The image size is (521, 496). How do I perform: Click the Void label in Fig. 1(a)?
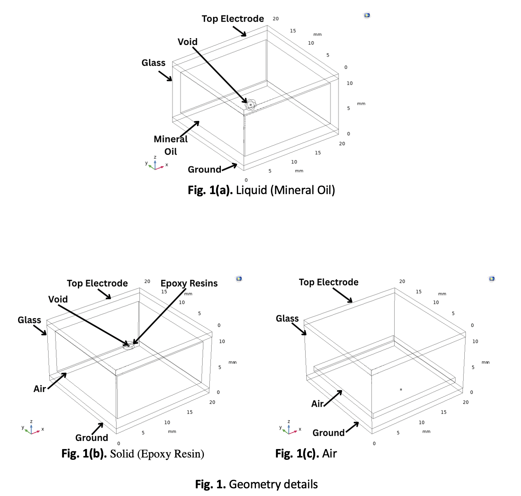187,42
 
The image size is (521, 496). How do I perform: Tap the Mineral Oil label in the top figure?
171,145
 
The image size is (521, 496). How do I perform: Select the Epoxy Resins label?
189,283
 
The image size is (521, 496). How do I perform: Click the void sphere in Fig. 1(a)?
250,104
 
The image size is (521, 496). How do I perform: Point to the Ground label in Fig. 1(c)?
328,433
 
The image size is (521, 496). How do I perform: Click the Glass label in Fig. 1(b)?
29,320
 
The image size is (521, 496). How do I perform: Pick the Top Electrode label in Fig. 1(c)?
328,282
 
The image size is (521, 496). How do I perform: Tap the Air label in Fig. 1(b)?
40,389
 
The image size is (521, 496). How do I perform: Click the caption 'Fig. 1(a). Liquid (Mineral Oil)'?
261,190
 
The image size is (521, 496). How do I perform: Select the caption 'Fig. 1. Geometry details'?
256,484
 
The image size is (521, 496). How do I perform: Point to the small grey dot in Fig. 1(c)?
401,390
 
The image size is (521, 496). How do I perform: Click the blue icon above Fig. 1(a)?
367,15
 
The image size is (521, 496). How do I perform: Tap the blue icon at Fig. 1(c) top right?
492,278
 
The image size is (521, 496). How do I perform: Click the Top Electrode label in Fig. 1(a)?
233,19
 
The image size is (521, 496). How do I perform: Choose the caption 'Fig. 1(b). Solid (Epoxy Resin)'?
133,454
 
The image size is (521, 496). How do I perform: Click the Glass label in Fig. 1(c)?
287,318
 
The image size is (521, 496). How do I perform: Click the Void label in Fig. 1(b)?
58,299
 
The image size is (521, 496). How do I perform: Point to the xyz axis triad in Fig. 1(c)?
289,429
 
